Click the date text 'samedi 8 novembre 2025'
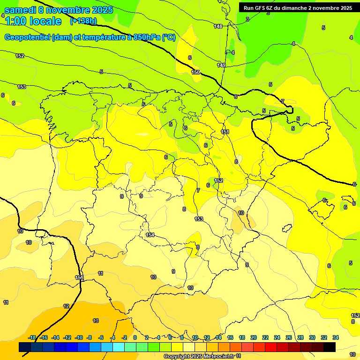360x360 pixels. tap(58, 10)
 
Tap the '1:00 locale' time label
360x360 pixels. tap(33, 21)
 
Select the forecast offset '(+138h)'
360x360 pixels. tap(83, 21)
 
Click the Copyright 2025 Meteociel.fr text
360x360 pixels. tap(202, 357)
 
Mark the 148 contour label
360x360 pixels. tap(218, 26)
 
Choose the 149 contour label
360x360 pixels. tap(221, 65)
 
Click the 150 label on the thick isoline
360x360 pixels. tap(195, 72)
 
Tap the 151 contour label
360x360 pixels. tap(225, 132)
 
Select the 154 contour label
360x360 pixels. tap(150, 235)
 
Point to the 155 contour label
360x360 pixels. tap(80, 278)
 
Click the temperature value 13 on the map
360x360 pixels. tap(96, 321)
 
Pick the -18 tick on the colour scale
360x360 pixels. tap(32, 337)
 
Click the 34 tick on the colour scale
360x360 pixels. tap(336, 337)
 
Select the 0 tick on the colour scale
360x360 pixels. tap(135, 337)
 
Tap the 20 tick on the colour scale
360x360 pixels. tap(254, 337)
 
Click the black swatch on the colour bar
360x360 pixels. tap(330, 347)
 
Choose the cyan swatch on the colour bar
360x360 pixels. tap(119, 347)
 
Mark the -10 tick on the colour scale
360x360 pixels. tap(78, 337)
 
